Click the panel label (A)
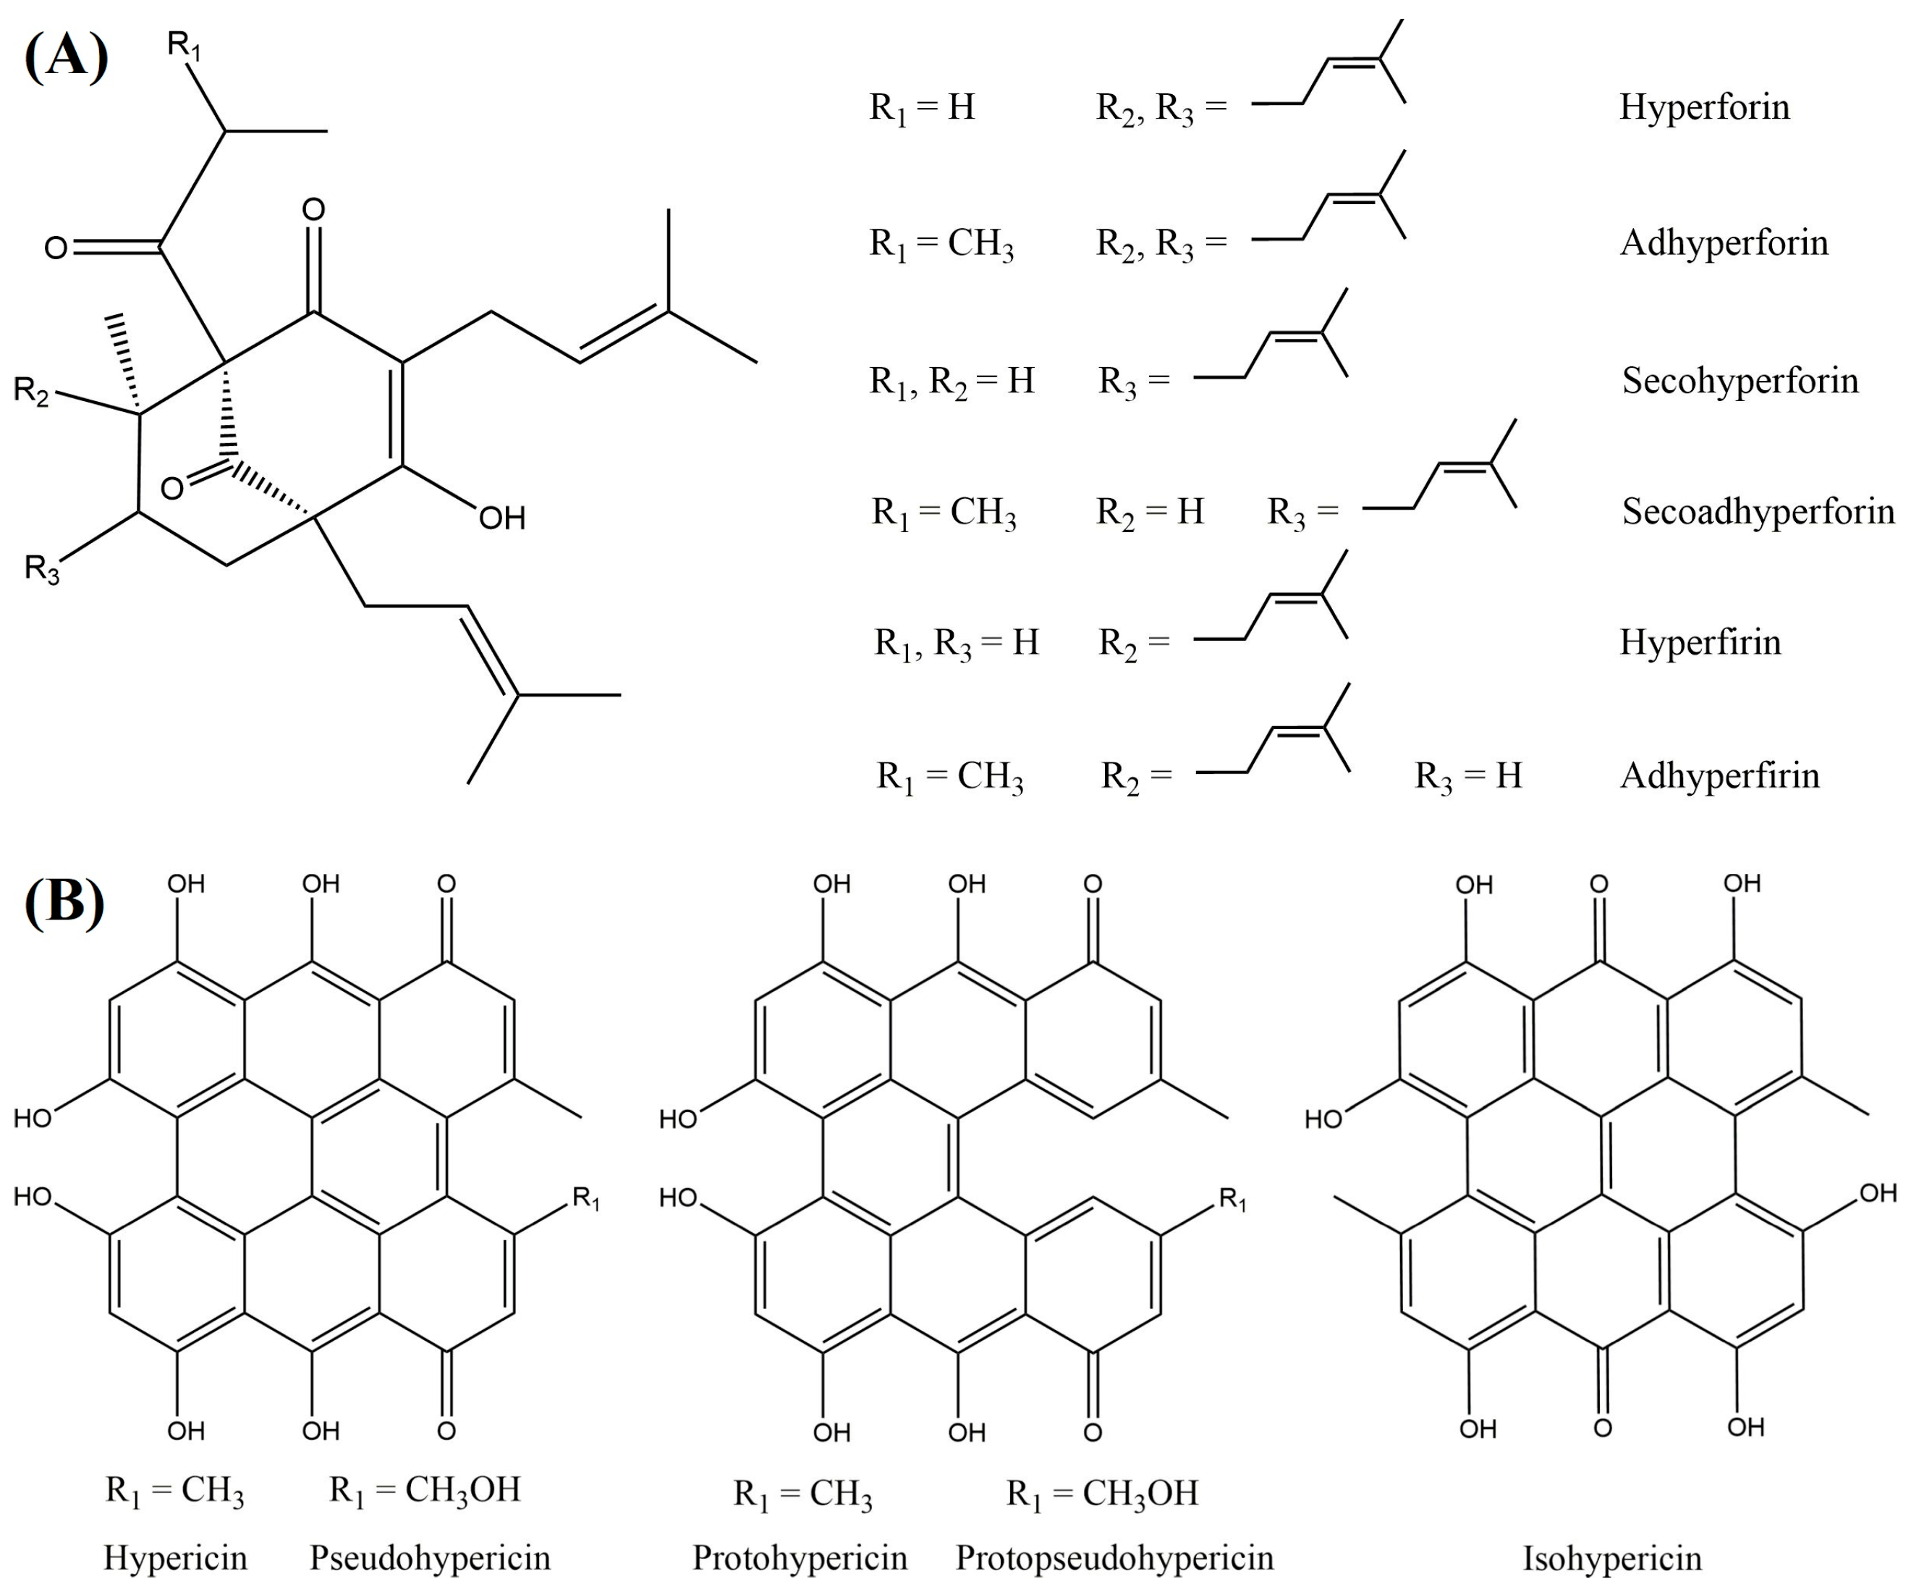pos(66,56)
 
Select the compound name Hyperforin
pos(1703,107)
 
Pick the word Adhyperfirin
pos(1719,775)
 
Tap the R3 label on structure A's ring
pos(42,569)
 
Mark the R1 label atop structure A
pos(184,43)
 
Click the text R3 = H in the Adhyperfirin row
pos(1468,775)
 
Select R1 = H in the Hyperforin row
pos(922,107)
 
